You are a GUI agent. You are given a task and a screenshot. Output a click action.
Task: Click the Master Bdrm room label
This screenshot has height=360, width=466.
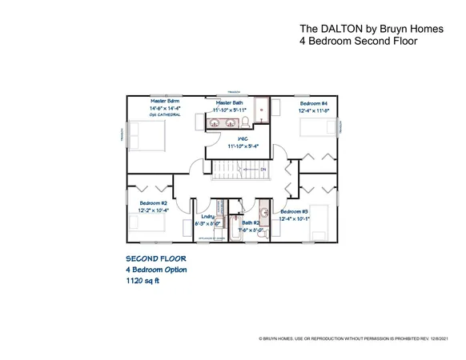164,102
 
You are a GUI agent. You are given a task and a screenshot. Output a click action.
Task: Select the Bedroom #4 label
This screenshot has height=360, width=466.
314,104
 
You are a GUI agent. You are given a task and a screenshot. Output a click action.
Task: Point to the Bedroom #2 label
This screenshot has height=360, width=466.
153,203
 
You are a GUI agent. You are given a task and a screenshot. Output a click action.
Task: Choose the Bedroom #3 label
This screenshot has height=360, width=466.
293,211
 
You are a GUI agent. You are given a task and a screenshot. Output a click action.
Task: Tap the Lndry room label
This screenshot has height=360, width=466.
207,216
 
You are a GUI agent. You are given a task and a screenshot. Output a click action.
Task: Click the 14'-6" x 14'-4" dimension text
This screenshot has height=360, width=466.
164,108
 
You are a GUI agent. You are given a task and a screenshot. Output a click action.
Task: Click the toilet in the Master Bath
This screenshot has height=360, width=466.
249,121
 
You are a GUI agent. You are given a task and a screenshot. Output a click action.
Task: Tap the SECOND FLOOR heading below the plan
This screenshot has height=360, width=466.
155,259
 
